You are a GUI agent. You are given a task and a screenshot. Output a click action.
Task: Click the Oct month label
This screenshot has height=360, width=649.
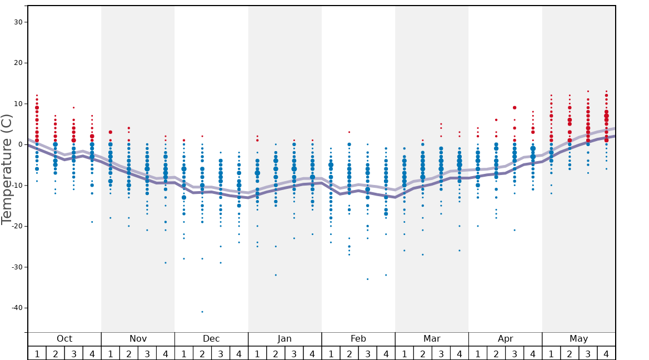(64, 339)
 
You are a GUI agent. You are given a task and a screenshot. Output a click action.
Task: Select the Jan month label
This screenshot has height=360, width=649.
(284, 339)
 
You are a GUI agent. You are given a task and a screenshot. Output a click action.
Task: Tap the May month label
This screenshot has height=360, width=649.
(578, 339)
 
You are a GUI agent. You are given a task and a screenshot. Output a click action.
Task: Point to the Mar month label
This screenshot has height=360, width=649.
(432, 339)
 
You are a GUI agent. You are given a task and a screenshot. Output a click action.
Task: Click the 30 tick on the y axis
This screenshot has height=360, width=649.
(19, 22)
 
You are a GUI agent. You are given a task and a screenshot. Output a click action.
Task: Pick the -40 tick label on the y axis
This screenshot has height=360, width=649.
(17, 308)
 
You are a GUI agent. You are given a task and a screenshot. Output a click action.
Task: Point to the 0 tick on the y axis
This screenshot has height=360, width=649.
(22, 144)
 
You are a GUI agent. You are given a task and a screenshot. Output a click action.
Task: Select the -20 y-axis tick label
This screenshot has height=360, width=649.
(17, 226)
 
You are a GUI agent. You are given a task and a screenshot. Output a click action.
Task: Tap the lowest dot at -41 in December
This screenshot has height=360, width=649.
(202, 312)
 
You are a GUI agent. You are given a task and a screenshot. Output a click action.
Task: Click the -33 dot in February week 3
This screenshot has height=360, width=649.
(367, 279)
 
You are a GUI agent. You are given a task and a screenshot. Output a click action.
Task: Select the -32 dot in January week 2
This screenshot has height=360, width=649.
(276, 275)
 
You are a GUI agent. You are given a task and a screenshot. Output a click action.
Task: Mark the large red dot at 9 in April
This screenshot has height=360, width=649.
(515, 108)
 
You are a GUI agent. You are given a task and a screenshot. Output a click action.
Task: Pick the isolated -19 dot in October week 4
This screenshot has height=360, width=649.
(92, 222)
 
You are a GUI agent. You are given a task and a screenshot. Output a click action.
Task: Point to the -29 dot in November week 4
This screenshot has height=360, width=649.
(166, 263)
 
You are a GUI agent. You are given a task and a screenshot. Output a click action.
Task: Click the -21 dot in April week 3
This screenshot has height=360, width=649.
(515, 230)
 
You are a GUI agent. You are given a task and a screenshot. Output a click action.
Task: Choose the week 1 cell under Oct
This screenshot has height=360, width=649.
(37, 353)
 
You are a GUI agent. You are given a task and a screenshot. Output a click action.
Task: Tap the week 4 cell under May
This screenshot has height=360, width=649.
(606, 353)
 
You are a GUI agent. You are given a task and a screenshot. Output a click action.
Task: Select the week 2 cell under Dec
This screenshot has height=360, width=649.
(202, 353)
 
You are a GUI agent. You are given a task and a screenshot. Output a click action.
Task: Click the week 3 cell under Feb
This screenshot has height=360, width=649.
(367, 353)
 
